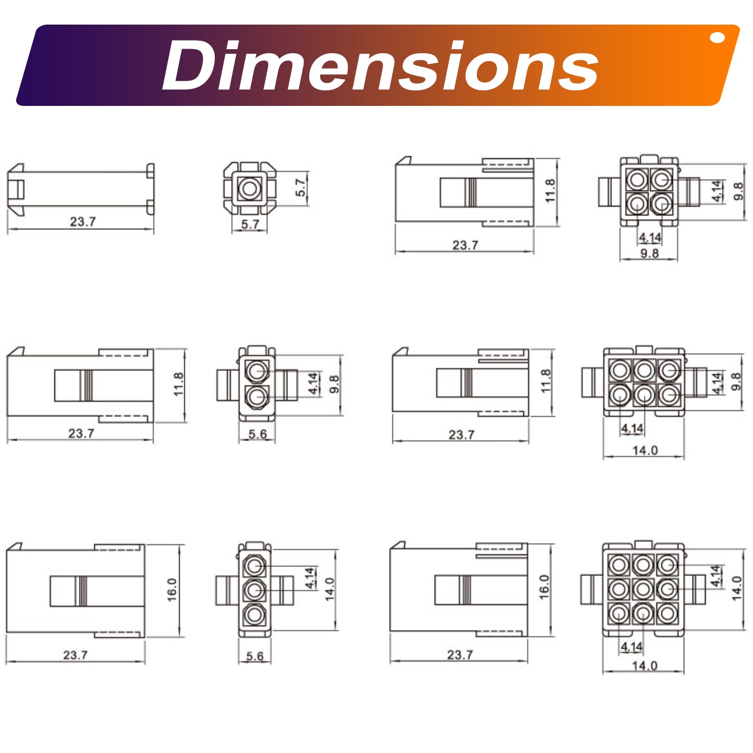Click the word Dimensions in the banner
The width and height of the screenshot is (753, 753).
pyautogui.click(x=380, y=66)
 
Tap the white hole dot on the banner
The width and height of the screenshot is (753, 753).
pyautogui.click(x=717, y=38)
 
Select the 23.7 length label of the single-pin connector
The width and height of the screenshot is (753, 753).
pyautogui.click(x=83, y=221)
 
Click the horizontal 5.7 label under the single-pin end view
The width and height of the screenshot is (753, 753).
pyautogui.click(x=250, y=224)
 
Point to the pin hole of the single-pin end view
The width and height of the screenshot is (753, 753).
pyautogui.click(x=249, y=189)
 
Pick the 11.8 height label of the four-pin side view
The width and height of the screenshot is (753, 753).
pyautogui.click(x=550, y=191)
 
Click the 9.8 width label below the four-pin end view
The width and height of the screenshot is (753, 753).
pyautogui.click(x=649, y=253)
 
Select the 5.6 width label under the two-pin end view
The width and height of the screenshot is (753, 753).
pyautogui.click(x=257, y=434)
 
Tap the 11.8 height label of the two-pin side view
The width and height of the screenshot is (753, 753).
pyautogui.click(x=178, y=384)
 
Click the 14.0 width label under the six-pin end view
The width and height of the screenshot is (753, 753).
pyautogui.click(x=645, y=450)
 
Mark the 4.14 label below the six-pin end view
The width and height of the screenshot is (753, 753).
pyautogui.click(x=632, y=428)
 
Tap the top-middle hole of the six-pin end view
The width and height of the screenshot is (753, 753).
pyautogui.click(x=644, y=371)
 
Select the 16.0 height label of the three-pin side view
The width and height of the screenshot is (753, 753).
pyautogui.click(x=172, y=590)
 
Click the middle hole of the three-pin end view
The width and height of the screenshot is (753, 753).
pyautogui.click(x=255, y=590)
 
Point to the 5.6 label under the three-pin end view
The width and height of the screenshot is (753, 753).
pyautogui.click(x=255, y=656)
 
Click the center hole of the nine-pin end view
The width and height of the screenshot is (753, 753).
pyautogui.click(x=643, y=588)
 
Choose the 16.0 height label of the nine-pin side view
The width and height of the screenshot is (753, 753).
pyautogui.click(x=544, y=587)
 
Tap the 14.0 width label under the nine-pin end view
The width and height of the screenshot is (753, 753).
pyautogui.click(x=645, y=666)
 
